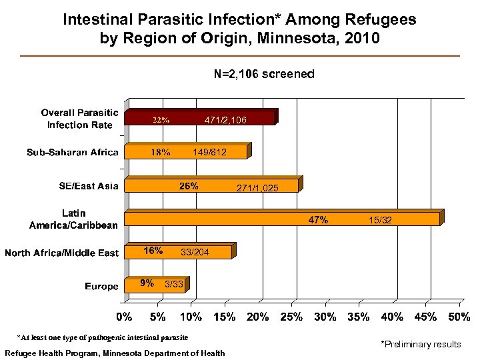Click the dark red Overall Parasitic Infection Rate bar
coord(200,118)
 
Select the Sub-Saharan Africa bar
coord(187,152)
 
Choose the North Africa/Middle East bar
coord(179,251)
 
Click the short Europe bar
coord(156,285)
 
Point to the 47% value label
coord(317,220)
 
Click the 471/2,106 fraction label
coord(225,120)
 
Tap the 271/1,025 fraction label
coord(257,189)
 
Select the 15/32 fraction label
coord(379,220)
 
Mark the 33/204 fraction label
coord(194,252)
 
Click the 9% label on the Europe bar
coord(147,284)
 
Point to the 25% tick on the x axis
coord(291,317)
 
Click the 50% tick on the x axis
coord(459,317)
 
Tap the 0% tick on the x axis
coord(125,317)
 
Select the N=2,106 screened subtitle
coord(263,74)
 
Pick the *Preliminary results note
coord(420,344)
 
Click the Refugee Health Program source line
coord(115,353)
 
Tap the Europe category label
coord(101,286)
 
